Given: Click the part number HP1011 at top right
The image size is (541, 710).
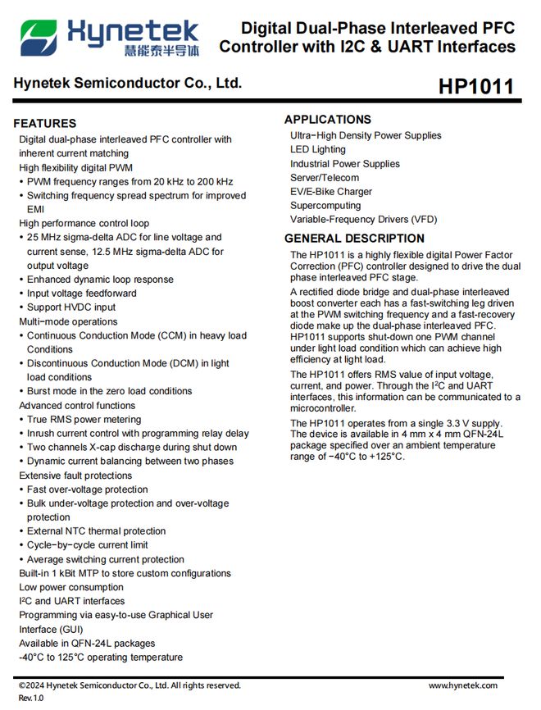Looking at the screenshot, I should [476, 86].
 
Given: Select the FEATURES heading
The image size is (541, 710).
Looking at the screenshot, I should [45, 123].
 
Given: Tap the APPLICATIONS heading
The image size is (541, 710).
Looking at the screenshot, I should [328, 120].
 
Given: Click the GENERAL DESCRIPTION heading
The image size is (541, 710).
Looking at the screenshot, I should [354, 239].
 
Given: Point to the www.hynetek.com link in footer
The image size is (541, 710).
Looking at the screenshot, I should [463, 685].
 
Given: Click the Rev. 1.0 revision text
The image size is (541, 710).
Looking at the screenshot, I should [31, 698].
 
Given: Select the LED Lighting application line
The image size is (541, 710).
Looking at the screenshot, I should [318, 149].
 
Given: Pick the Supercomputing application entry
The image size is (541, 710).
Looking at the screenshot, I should [325, 205].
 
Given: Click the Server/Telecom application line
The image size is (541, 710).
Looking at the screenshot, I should [325, 177].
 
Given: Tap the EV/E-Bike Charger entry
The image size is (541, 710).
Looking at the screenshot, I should [331, 191].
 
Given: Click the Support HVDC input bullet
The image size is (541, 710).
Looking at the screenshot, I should [71, 307].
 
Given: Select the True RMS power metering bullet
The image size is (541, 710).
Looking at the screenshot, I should [84, 419].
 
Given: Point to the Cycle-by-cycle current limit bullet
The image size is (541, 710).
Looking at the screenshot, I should [88, 544].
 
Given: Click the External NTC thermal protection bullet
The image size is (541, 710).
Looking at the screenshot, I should [96, 530].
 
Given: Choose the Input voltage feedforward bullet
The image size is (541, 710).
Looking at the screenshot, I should [82, 294].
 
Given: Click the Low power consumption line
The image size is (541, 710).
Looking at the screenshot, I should [71, 587].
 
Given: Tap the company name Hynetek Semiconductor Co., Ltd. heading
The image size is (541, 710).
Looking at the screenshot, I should [127, 84].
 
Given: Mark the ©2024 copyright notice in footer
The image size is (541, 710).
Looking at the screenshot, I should [130, 685].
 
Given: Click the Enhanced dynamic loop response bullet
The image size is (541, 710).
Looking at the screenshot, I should [100, 280].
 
